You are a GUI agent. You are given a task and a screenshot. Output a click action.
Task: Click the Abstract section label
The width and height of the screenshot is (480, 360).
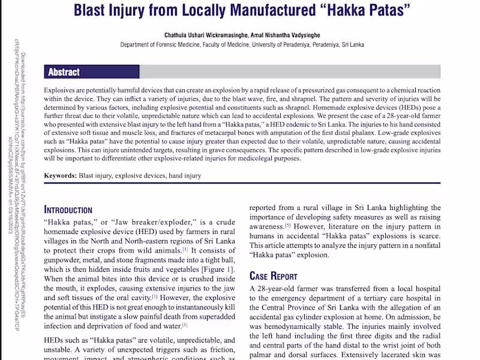(64, 72)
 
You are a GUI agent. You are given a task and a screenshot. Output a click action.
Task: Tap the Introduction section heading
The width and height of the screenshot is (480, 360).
(68, 210)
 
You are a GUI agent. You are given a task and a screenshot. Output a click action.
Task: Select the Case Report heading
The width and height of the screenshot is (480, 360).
(273, 276)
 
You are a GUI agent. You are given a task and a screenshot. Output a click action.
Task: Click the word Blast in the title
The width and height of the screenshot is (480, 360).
(92, 10)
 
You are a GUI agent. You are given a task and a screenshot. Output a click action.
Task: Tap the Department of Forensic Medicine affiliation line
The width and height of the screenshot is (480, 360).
(242, 44)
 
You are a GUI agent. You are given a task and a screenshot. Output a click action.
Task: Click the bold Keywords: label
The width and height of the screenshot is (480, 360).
(60, 176)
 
